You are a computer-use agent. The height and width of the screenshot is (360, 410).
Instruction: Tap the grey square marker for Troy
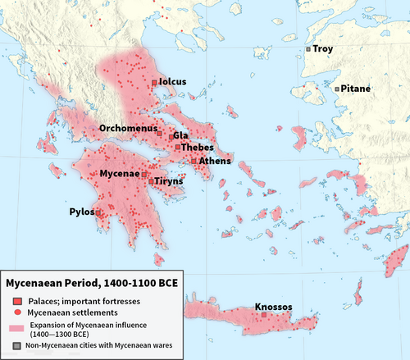[x=308, y=49]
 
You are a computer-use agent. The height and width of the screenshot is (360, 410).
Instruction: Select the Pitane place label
[x=355, y=89]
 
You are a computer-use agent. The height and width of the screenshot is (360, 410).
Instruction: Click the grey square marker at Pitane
[x=336, y=89]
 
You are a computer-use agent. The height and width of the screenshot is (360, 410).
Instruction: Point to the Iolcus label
[x=173, y=82]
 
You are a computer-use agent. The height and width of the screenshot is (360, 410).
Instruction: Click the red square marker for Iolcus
[x=153, y=82]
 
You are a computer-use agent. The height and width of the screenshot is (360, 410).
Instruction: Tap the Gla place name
[x=181, y=135]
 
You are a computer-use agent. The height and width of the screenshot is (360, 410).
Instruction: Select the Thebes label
[x=198, y=148]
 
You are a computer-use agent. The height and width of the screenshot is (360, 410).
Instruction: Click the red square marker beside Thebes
[x=178, y=148]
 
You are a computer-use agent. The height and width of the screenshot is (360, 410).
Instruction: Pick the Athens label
[x=214, y=162]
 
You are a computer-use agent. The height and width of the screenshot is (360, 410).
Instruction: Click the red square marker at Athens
[x=194, y=162]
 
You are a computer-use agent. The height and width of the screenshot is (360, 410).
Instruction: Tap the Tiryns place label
[x=168, y=182]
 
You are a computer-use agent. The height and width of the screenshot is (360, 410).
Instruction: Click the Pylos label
[x=80, y=212]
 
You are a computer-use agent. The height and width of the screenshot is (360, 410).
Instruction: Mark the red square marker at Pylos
[x=98, y=212]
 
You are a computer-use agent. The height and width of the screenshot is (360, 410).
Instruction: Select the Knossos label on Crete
[x=273, y=308]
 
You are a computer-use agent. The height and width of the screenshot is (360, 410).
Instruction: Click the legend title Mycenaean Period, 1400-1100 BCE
[x=92, y=284]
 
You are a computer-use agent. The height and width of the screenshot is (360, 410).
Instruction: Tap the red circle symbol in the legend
[x=17, y=313]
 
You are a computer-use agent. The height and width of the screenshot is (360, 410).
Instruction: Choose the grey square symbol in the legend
[x=17, y=345]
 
